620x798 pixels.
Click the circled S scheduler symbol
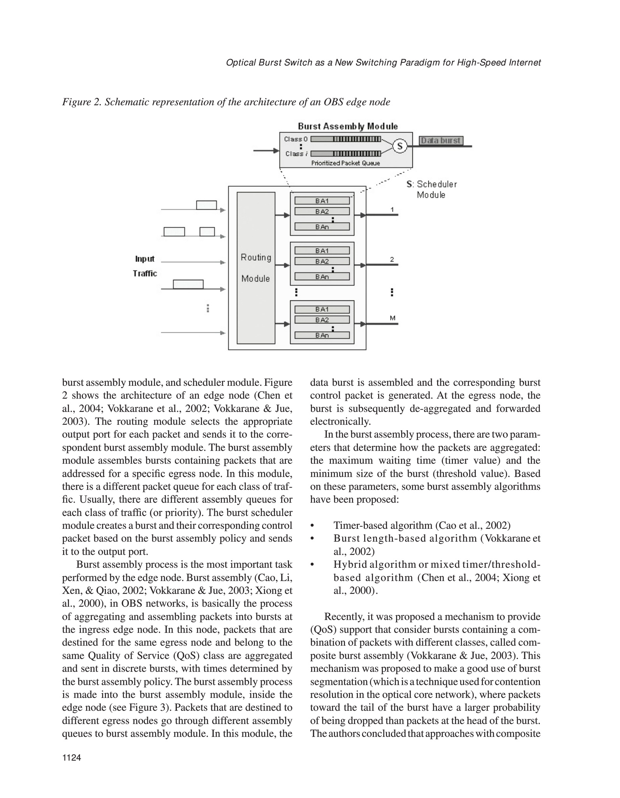point(400,146)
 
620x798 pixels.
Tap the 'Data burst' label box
point(441,140)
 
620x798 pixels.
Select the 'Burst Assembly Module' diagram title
point(348,126)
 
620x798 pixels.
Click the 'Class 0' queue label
point(296,139)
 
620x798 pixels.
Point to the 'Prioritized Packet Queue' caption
point(345,163)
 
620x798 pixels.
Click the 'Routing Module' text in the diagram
point(255,268)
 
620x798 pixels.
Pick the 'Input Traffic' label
point(144,266)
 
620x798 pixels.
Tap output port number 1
point(392,210)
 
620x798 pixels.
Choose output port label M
point(393,318)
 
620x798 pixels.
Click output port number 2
point(392,260)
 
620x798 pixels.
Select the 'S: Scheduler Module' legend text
point(432,189)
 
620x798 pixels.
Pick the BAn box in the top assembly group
point(322,227)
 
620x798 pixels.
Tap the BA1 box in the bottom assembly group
point(322,309)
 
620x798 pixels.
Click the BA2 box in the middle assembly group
point(322,261)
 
